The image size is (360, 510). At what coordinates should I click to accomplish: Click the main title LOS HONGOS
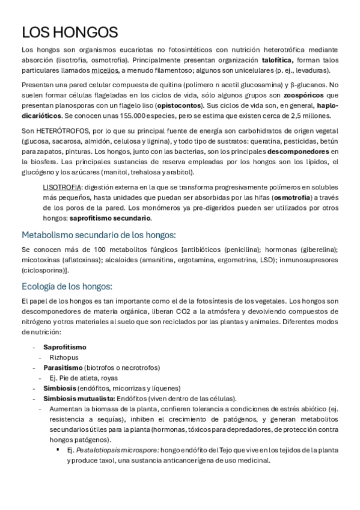[x=69, y=32]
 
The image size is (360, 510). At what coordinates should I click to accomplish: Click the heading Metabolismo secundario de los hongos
[x=98, y=235]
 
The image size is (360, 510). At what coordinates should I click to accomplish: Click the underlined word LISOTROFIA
[x=63, y=187]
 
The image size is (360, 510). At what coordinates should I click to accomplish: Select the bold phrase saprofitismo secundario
[x=115, y=218]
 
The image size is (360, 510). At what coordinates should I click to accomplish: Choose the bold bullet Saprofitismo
[x=65, y=347]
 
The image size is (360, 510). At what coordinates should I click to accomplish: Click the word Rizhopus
[x=64, y=357]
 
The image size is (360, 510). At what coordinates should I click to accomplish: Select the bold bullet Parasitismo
[x=63, y=367]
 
